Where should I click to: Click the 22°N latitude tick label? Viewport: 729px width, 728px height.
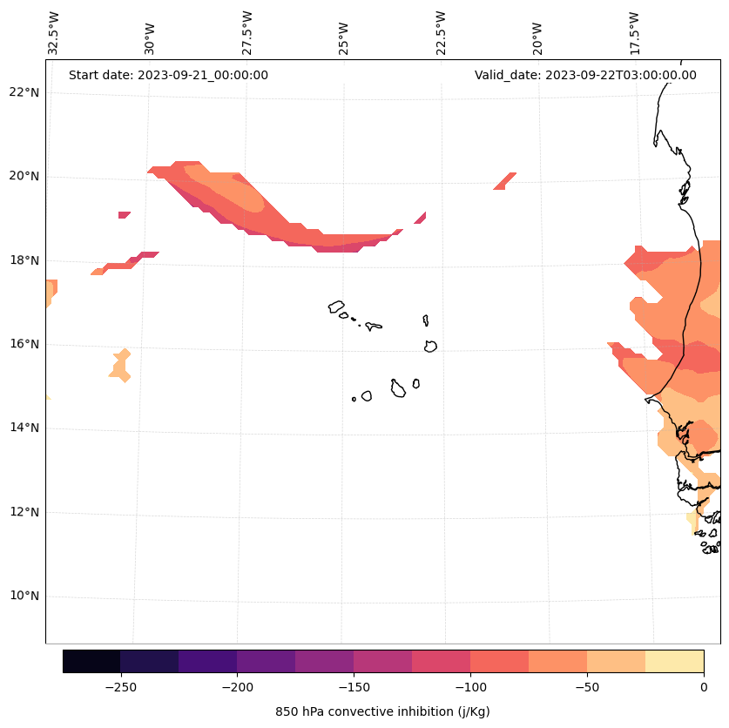pyautogui.click(x=24, y=92)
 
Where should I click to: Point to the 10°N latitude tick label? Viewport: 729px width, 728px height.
pyautogui.click(x=24, y=597)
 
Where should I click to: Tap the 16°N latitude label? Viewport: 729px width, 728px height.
pyautogui.click(x=24, y=344)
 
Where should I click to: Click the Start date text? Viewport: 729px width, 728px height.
pyautogui.click(x=168, y=75)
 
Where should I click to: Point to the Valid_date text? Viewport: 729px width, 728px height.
pyautogui.click(x=585, y=75)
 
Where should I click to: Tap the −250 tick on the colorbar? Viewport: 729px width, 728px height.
pyautogui.click(x=120, y=687)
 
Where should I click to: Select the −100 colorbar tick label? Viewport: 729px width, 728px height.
pyautogui.click(x=470, y=687)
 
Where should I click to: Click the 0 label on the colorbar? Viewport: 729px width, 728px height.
pyautogui.click(x=703, y=687)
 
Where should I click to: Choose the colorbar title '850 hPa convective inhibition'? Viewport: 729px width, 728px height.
pyautogui.click(x=382, y=711)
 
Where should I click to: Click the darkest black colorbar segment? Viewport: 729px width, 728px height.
pyautogui.click(x=91, y=661)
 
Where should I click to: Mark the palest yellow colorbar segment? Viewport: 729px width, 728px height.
pyautogui.click(x=674, y=661)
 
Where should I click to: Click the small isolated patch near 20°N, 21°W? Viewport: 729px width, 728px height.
pyautogui.click(x=505, y=180)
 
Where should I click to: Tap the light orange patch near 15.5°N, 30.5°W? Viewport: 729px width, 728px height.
pyautogui.click(x=121, y=365)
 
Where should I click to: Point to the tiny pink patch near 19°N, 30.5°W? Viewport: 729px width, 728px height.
pyautogui.click(x=125, y=214)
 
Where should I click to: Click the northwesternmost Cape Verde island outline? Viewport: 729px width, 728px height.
pyautogui.click(x=336, y=307)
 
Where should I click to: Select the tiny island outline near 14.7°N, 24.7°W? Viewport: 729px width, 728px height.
pyautogui.click(x=354, y=399)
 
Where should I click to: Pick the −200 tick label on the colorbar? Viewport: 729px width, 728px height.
pyautogui.click(x=237, y=687)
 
